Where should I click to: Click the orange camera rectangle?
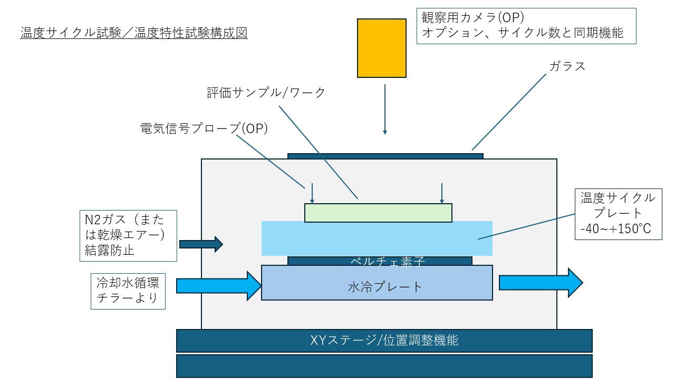[381, 48]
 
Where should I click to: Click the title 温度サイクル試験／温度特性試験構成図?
[134, 33]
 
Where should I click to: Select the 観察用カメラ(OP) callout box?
[526, 26]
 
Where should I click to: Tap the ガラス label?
[567, 66]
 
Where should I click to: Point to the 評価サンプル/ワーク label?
[266, 92]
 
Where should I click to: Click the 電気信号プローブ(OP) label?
[204, 128]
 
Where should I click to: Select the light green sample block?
[378, 213]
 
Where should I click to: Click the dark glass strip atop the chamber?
[385, 156]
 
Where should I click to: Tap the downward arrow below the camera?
[385, 109]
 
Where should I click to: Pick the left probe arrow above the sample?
[312, 193]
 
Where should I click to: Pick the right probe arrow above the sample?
[442, 193]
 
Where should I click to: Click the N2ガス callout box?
[128, 235]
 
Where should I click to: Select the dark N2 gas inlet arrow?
[201, 244]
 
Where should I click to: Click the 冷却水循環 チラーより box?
[128, 291]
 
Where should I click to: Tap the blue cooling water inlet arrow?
[219, 286]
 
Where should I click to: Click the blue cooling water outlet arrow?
[541, 283]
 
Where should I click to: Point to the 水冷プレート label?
[385, 287]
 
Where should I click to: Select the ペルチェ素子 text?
[388, 261]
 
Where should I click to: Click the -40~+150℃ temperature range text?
[615, 229]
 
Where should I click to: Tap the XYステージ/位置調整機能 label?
[384, 340]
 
